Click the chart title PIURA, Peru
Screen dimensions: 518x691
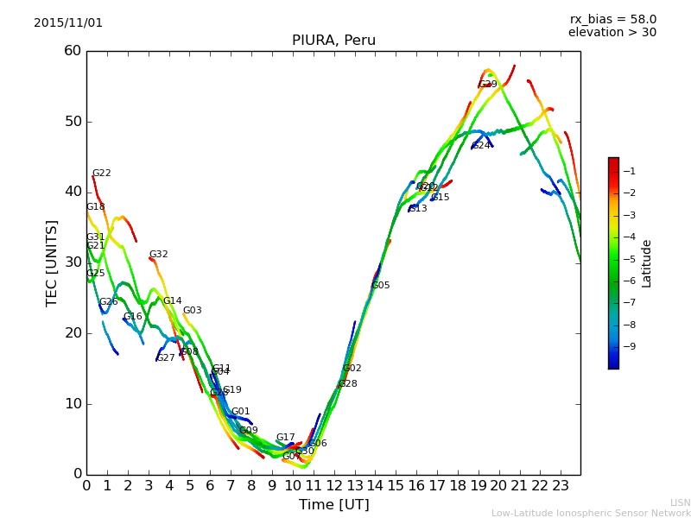pos(333,41)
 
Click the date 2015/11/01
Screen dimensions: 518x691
pos(68,23)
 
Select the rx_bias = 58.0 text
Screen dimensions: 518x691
pos(612,19)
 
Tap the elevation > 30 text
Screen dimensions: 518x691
pos(612,33)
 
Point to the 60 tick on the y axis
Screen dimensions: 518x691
pos(73,51)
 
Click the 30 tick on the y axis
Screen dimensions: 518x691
pos(73,262)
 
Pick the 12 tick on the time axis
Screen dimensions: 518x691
pos(333,486)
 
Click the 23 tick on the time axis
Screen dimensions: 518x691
pos(561,486)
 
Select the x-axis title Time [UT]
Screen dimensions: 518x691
pos(333,505)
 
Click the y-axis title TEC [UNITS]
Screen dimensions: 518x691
pos(52,262)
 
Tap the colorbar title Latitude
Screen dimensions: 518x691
pos(647,263)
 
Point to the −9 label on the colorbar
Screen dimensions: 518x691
pos(631,346)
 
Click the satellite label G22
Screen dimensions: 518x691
pos(102,174)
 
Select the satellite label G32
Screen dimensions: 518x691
pos(159,255)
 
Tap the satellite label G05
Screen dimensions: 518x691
pos(381,286)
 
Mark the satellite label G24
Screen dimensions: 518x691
pos(481,146)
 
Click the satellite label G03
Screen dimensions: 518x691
pos(192,311)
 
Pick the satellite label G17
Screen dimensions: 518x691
pos(285,438)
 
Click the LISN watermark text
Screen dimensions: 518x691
pos(680,502)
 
